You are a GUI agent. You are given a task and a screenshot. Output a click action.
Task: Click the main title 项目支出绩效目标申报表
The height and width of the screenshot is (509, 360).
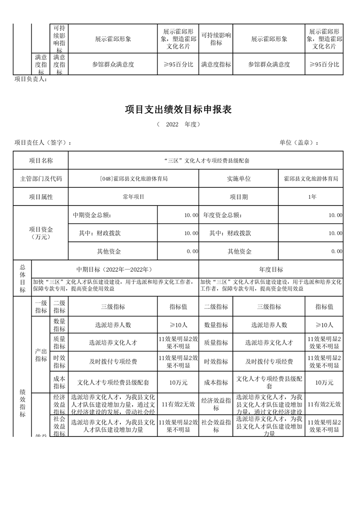coord(178,110)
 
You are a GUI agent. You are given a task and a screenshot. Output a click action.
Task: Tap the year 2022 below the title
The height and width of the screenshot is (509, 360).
coord(172,124)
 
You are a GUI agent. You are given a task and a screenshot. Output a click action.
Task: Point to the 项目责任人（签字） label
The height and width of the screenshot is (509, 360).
coord(43,142)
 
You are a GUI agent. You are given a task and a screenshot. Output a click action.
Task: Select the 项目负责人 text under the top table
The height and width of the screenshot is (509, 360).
coord(30,79)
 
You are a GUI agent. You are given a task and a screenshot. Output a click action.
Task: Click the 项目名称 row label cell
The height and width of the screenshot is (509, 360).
coord(41,161)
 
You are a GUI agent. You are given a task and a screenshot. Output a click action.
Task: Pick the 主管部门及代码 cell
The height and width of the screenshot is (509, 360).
coord(41,179)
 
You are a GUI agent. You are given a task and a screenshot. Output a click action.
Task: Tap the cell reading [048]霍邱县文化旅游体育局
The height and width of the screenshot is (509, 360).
coord(133,179)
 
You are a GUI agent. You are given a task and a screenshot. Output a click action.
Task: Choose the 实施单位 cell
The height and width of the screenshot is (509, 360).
coord(239,179)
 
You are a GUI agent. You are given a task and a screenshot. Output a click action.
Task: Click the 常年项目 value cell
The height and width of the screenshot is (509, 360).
coord(133,197)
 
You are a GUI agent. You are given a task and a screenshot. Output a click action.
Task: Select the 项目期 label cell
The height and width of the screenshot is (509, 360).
coord(239,197)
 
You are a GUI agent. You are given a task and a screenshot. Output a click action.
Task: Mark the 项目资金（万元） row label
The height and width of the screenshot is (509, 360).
coord(41,233)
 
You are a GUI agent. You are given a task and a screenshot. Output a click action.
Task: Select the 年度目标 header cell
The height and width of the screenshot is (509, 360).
coord(271,269)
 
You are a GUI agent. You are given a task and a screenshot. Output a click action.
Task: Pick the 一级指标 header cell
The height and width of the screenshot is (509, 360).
coord(41,307)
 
